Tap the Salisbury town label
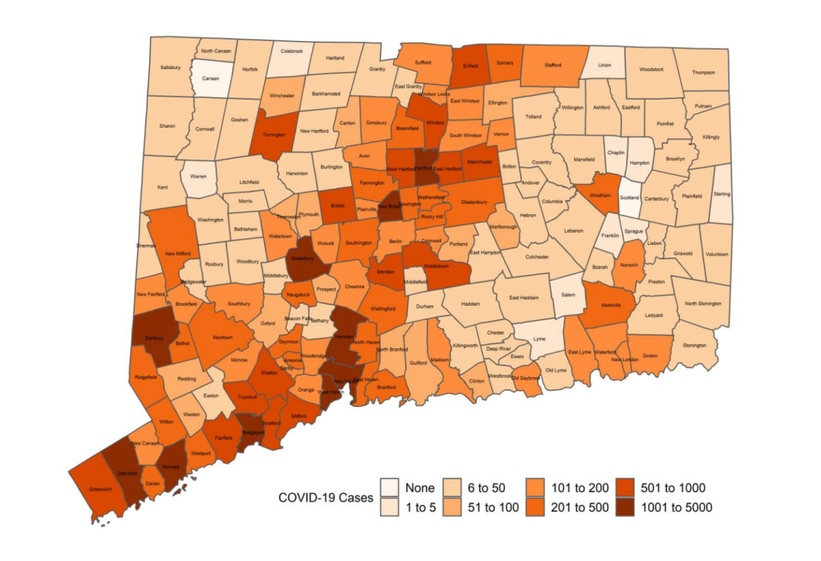(x=170, y=67)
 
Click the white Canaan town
(x=209, y=79)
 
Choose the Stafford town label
(x=552, y=65)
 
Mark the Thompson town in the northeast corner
(x=703, y=72)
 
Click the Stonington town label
(x=693, y=346)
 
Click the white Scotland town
(x=629, y=198)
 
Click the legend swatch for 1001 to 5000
(x=629, y=507)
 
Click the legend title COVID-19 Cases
(x=325, y=498)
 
